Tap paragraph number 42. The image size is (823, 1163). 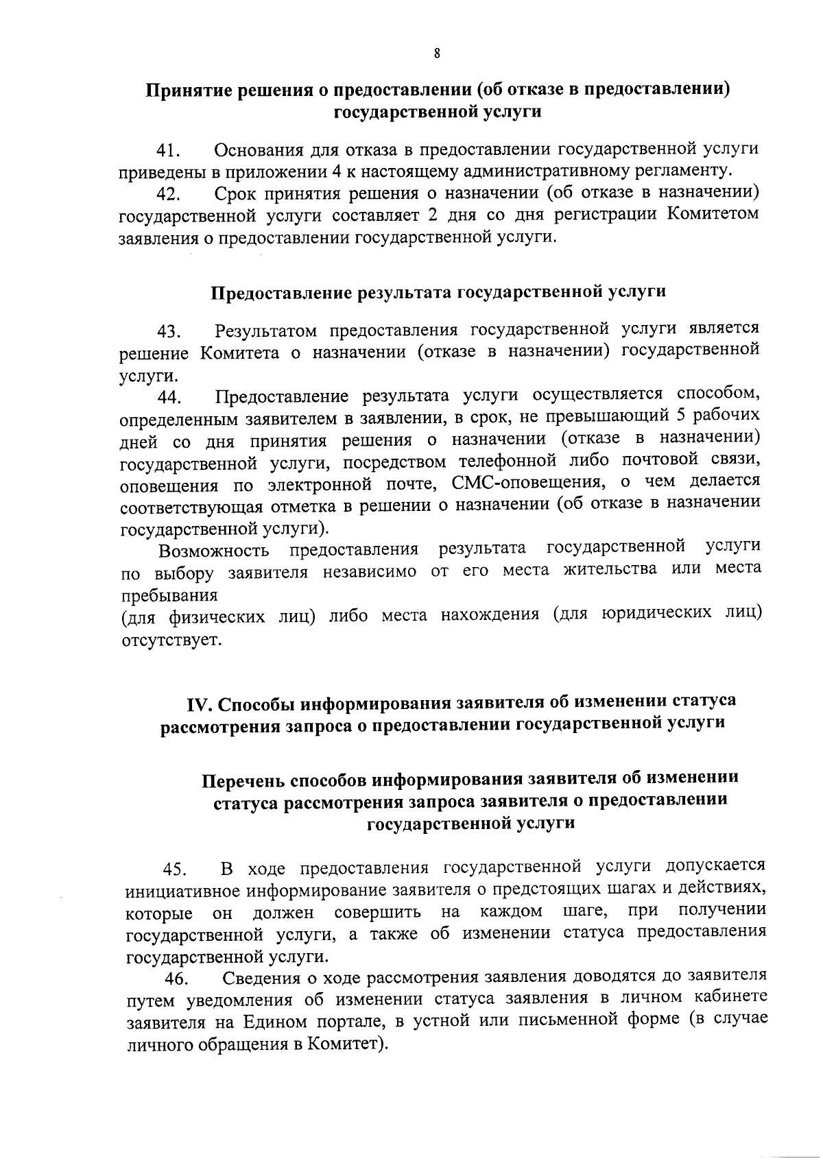pos(168,195)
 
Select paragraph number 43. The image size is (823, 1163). pos(168,333)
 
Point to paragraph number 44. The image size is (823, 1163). pos(168,398)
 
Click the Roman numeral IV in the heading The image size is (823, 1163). pos(200,704)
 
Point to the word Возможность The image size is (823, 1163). pos(213,551)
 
